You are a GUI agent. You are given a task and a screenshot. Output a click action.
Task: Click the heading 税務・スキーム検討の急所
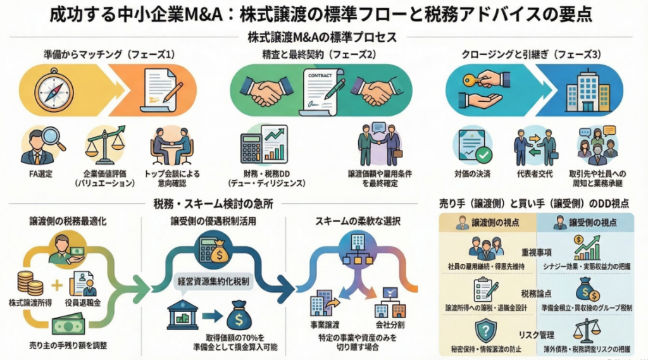tap(206, 203)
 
